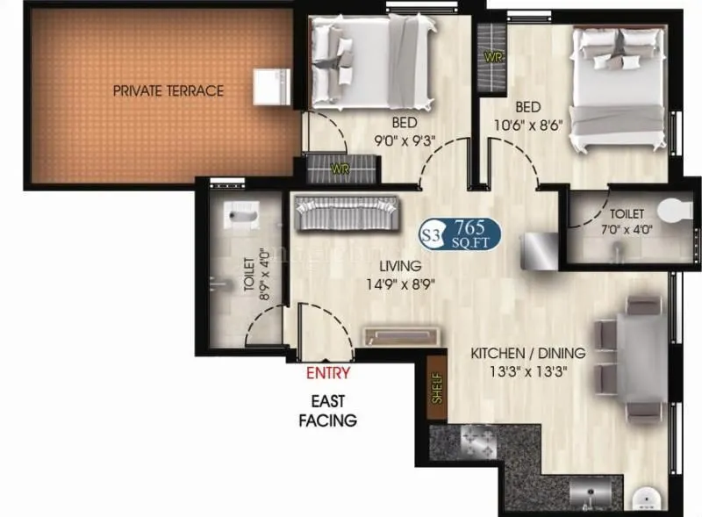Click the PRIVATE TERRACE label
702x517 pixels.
click(168, 90)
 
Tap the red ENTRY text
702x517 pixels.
click(328, 373)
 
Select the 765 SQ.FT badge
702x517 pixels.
click(461, 233)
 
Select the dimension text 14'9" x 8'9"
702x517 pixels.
click(401, 284)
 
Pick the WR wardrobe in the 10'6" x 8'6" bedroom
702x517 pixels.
click(493, 58)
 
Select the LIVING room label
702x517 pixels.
click(400, 266)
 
